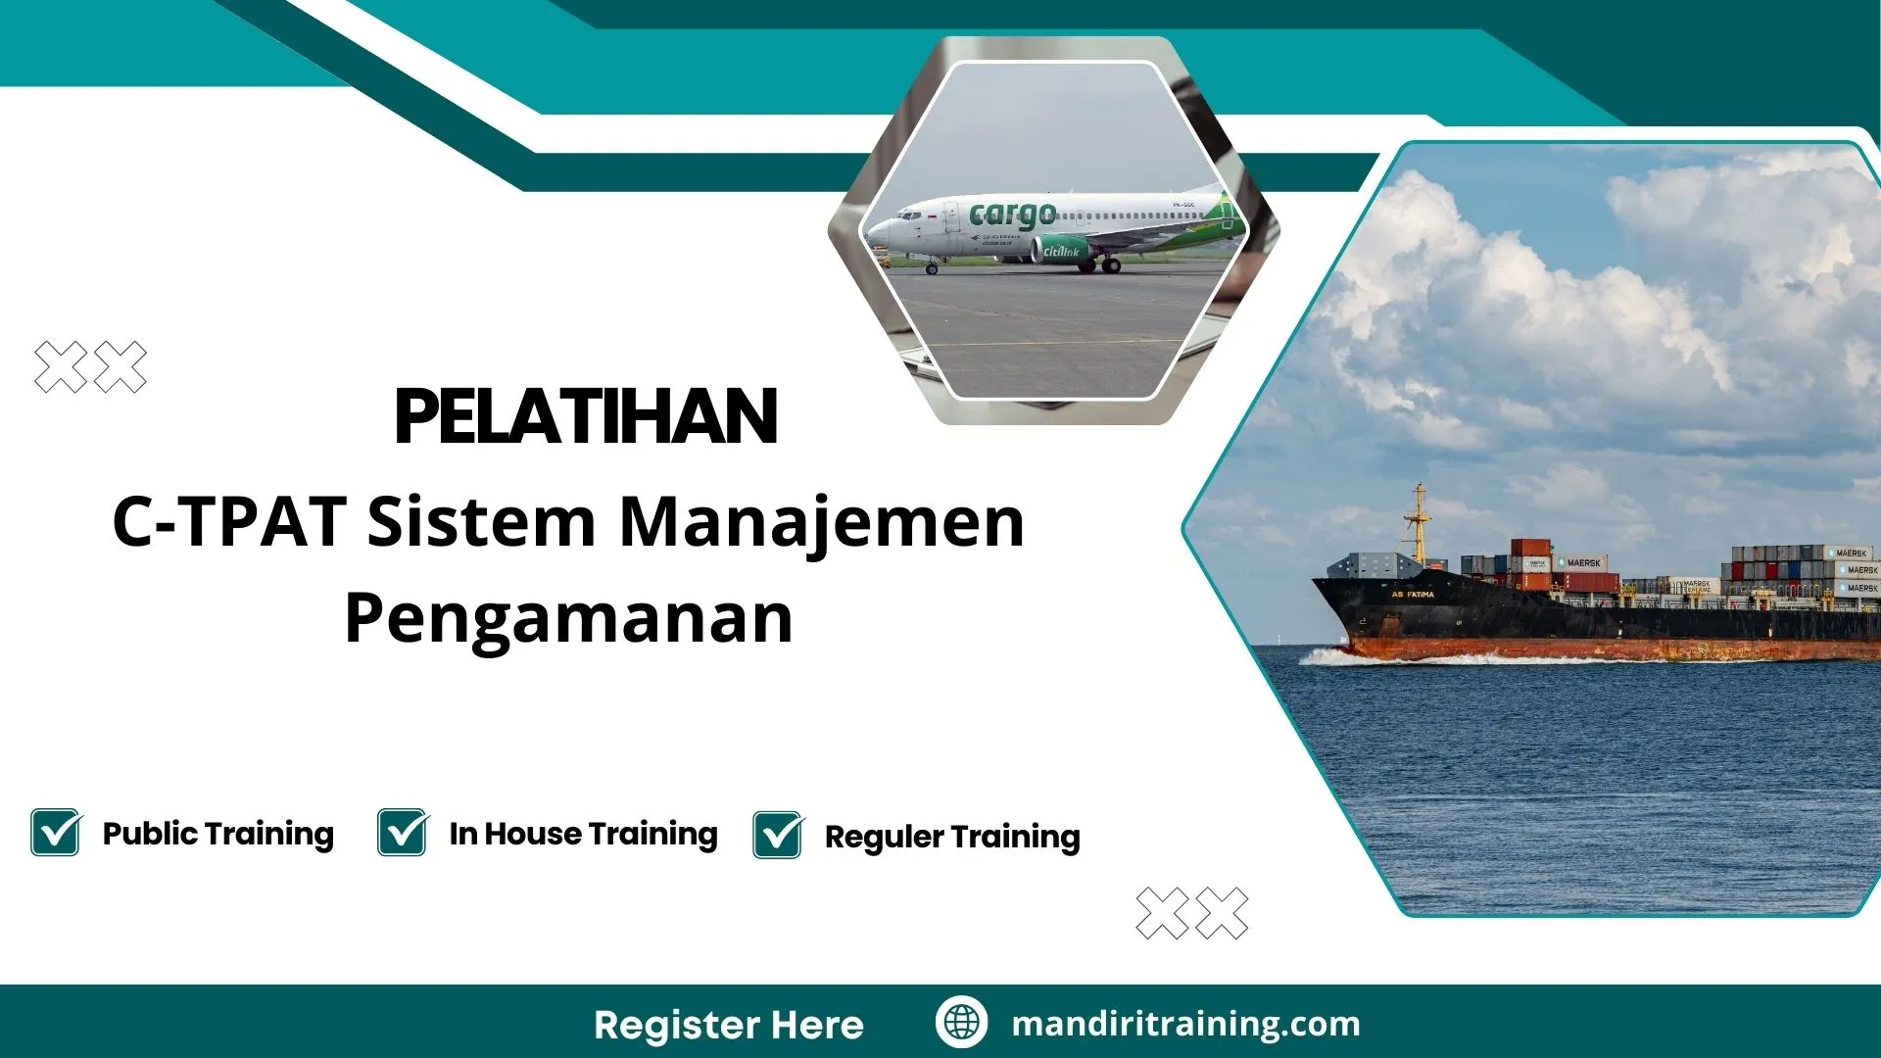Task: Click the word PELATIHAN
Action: [586, 417]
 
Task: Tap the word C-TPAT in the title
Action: [229, 521]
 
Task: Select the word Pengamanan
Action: [568, 618]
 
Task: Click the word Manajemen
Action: [822, 521]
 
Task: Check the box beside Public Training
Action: [56, 833]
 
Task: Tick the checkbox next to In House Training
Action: [403, 833]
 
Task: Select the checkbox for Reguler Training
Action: [779, 836]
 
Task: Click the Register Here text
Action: [729, 1025]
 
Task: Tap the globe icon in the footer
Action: [961, 1022]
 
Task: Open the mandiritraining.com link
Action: [1185, 1024]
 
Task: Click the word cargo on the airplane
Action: [1012, 214]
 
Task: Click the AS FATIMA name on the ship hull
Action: [1412, 595]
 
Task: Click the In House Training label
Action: [583, 834]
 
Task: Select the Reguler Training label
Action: [952, 837]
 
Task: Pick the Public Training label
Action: [217, 834]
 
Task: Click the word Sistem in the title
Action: [481, 521]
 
